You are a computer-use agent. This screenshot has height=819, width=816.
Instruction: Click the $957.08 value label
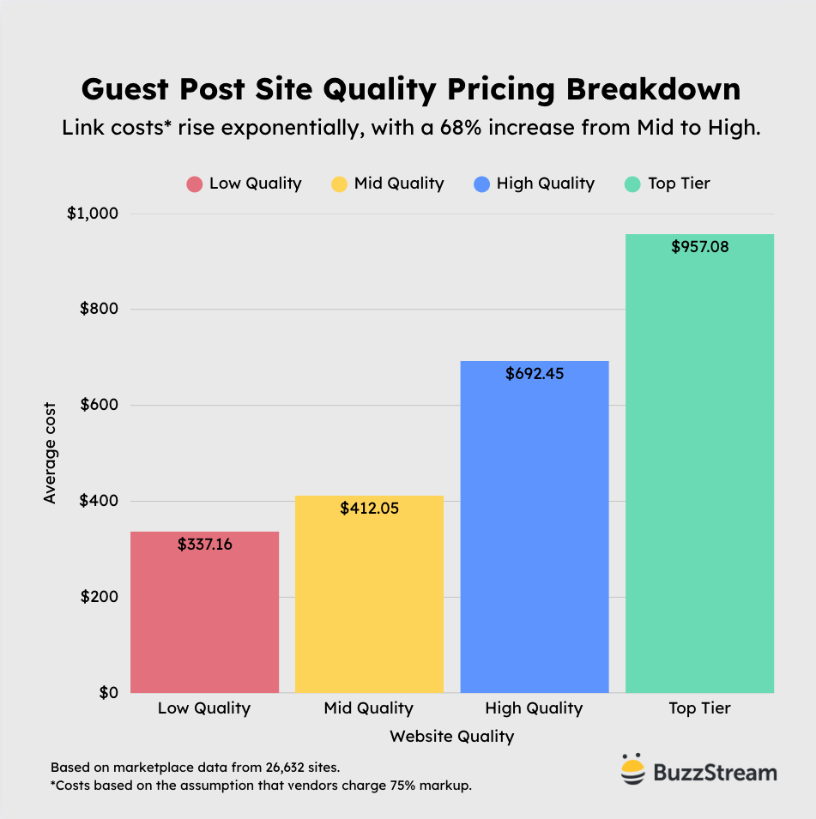coord(699,247)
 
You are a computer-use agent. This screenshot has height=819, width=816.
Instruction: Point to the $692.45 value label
coord(535,374)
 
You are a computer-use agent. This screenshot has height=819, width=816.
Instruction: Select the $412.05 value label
coord(369,509)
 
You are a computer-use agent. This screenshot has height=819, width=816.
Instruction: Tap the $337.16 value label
coord(205,545)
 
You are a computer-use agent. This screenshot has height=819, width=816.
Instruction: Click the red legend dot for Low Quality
coord(195,184)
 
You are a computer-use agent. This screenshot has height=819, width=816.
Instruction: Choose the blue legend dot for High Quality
coord(481,184)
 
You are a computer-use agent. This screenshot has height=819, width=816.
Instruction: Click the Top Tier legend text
coord(680,184)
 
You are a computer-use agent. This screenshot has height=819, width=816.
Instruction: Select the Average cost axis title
coord(50,453)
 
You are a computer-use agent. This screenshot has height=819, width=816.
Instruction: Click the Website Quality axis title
coord(451,737)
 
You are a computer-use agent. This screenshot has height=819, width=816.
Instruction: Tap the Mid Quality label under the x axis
coord(369,708)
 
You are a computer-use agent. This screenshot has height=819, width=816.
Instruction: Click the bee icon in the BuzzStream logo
coord(632,770)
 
